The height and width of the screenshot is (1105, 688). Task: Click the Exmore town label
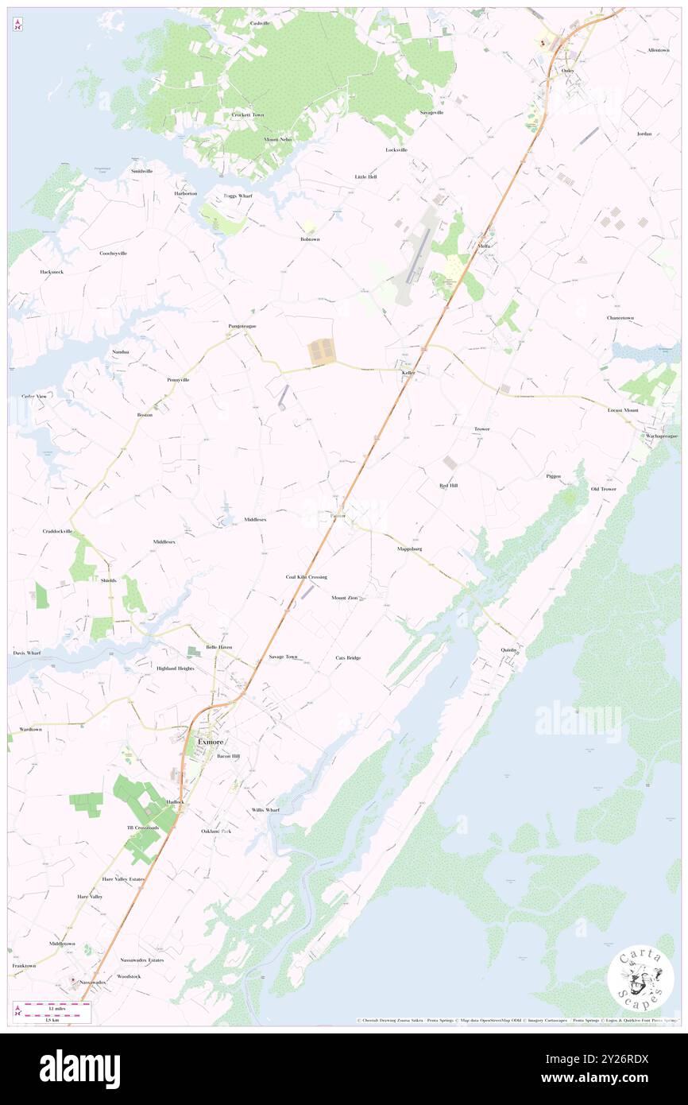pyautogui.click(x=210, y=742)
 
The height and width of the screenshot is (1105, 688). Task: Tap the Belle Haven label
pyautogui.click(x=219, y=647)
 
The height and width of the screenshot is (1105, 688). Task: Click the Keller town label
pyautogui.click(x=409, y=372)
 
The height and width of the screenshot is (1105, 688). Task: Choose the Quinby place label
pyautogui.click(x=509, y=649)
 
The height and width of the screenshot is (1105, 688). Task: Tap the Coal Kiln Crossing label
pyautogui.click(x=307, y=576)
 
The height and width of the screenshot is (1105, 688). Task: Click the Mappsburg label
pyautogui.click(x=409, y=549)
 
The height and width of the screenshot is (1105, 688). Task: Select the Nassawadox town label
pyautogui.click(x=91, y=982)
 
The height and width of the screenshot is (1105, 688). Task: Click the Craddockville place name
pyautogui.click(x=58, y=530)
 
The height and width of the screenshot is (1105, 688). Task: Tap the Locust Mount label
pyautogui.click(x=622, y=409)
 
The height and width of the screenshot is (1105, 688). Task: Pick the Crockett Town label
pyautogui.click(x=248, y=114)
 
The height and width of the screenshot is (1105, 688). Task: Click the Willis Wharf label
pyautogui.click(x=266, y=809)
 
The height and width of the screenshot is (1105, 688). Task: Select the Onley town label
pyautogui.click(x=567, y=71)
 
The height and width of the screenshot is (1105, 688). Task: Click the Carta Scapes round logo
pyautogui.click(x=640, y=979)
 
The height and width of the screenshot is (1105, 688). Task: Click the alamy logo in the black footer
pyautogui.click(x=80, y=1069)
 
